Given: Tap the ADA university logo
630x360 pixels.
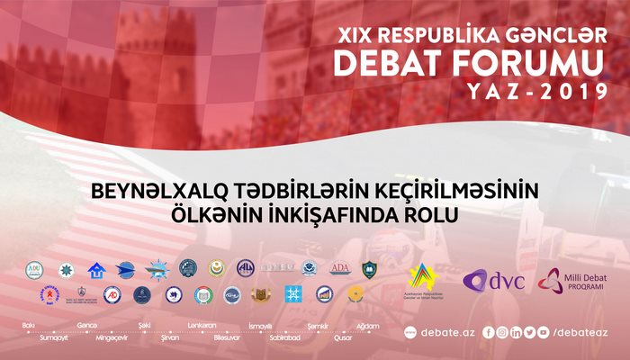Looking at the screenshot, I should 339,268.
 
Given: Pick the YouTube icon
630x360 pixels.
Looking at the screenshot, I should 529,332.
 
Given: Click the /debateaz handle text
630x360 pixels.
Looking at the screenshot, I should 580,332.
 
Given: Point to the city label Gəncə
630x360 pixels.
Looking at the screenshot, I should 87,324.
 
